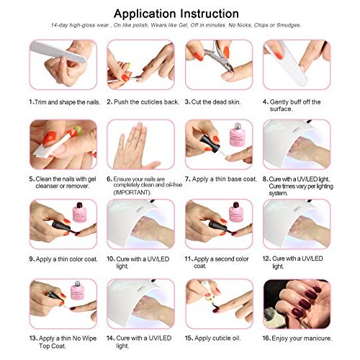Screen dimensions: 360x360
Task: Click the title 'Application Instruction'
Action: point(176,13)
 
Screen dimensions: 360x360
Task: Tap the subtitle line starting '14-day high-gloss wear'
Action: point(176,25)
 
